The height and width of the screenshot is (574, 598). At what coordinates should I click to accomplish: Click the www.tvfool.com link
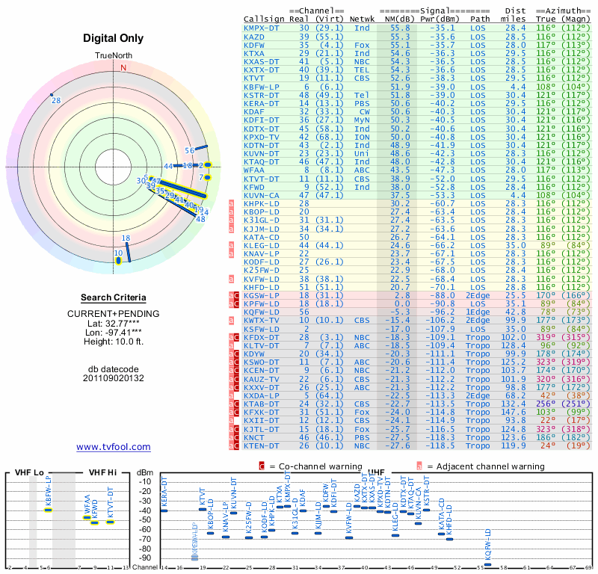pyautogui.click(x=114, y=447)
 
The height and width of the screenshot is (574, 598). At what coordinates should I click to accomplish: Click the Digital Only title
pyautogui.click(x=114, y=37)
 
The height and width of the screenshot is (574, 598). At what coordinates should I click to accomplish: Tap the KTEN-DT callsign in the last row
pyautogui.click(x=262, y=445)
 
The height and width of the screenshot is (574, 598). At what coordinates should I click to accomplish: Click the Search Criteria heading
pyautogui.click(x=114, y=297)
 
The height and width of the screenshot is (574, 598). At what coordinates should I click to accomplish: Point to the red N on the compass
pyautogui.click(x=124, y=67)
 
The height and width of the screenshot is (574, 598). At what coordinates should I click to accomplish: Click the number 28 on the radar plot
pyautogui.click(x=56, y=100)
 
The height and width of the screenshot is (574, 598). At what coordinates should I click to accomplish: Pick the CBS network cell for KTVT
pyautogui.click(x=362, y=78)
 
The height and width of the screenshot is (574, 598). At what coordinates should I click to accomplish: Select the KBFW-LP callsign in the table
pyautogui.click(x=262, y=86)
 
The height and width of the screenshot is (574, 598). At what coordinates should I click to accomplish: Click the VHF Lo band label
pyautogui.click(x=27, y=472)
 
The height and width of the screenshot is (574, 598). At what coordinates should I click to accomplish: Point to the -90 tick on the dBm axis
pyautogui.click(x=147, y=558)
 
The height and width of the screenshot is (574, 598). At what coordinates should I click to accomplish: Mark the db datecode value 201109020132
pyautogui.click(x=114, y=378)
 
